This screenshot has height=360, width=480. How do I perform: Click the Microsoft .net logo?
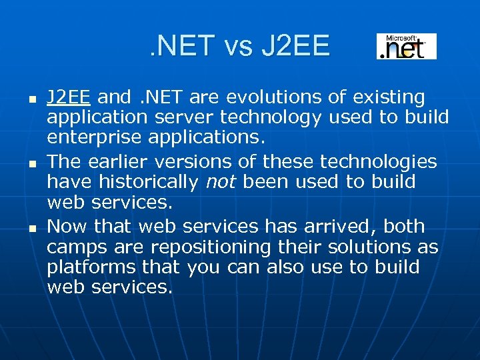coord(406,47)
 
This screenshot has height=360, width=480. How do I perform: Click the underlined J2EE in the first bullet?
coord(69,97)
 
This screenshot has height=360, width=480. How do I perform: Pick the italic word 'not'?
coord(221,181)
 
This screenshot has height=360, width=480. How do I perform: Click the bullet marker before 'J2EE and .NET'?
coord(32,99)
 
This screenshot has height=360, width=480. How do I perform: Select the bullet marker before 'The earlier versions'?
coord(32,163)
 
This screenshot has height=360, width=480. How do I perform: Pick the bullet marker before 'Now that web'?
coord(32,228)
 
